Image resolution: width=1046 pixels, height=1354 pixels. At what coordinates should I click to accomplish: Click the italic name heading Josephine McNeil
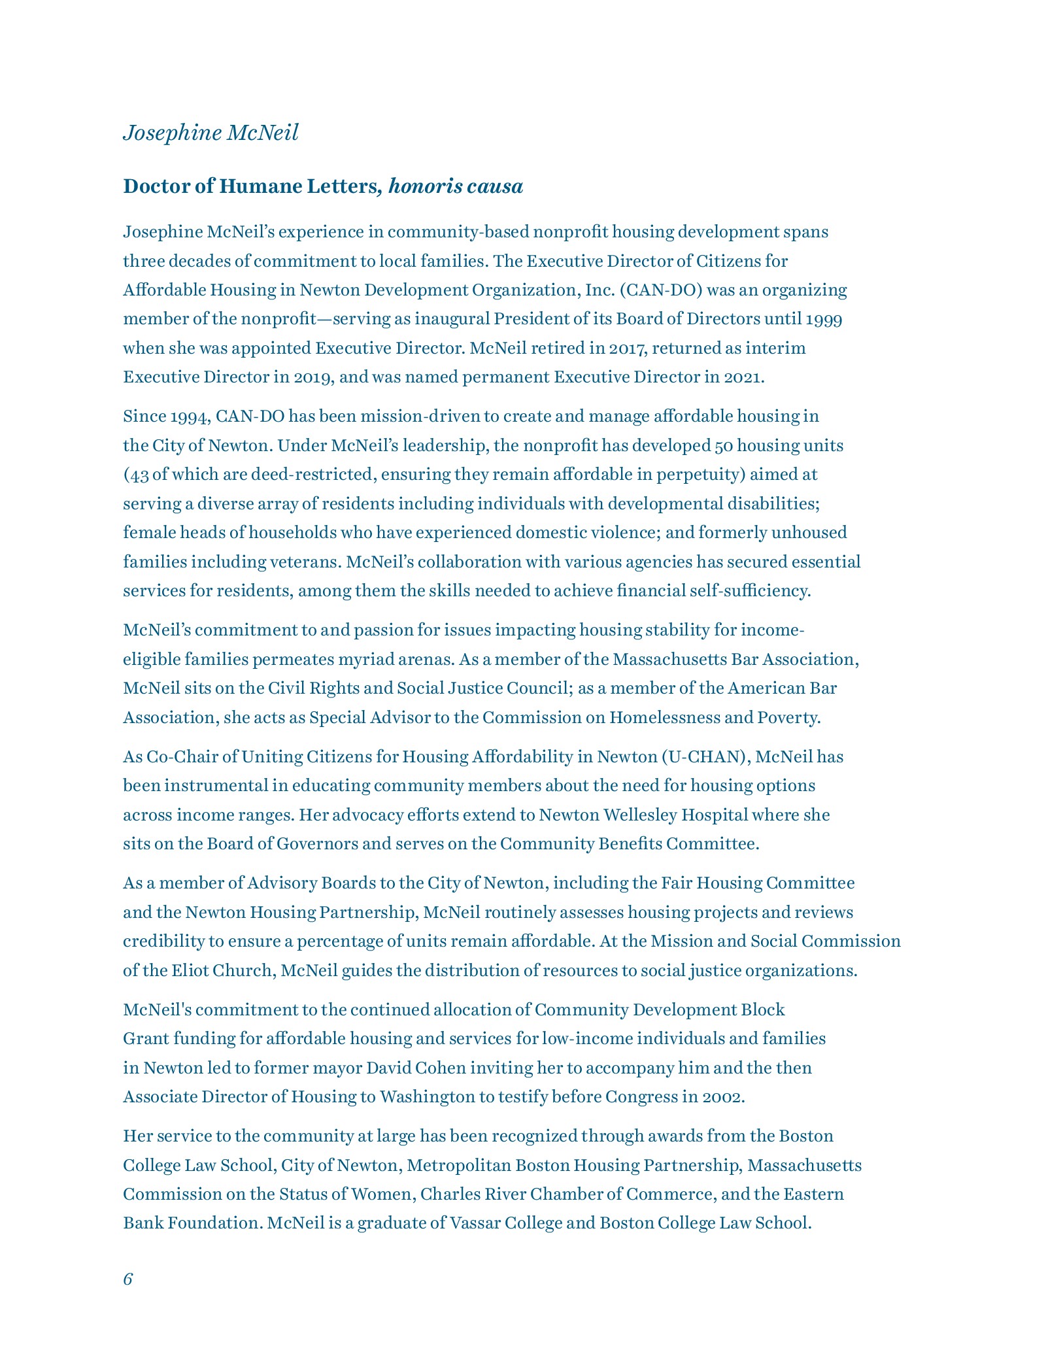[x=211, y=133]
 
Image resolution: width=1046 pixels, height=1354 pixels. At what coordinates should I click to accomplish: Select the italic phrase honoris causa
[x=456, y=187]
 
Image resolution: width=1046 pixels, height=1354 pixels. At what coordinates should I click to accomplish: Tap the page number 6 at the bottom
[x=127, y=1279]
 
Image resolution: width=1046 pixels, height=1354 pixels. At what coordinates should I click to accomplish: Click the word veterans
[x=306, y=562]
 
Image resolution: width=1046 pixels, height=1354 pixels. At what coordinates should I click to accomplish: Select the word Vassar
[x=473, y=1223]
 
